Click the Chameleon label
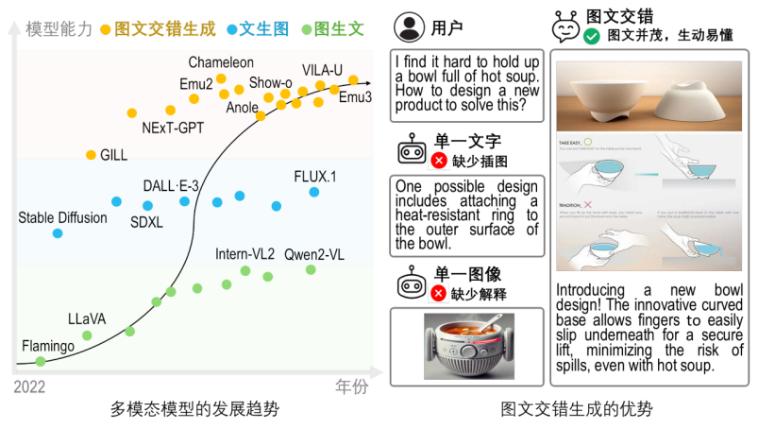[x=221, y=62]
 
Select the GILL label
[x=113, y=155]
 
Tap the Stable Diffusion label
[x=63, y=218]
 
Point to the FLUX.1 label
[x=315, y=176]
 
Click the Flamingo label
[x=48, y=347]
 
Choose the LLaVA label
[x=87, y=318]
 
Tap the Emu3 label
[x=356, y=96]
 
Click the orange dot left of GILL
[x=92, y=154]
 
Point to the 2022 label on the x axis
[x=29, y=387]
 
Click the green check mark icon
[x=592, y=37]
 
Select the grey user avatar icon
[x=410, y=28]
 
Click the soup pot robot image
[x=468, y=346]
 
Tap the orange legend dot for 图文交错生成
[x=106, y=29]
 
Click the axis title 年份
[x=352, y=386]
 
